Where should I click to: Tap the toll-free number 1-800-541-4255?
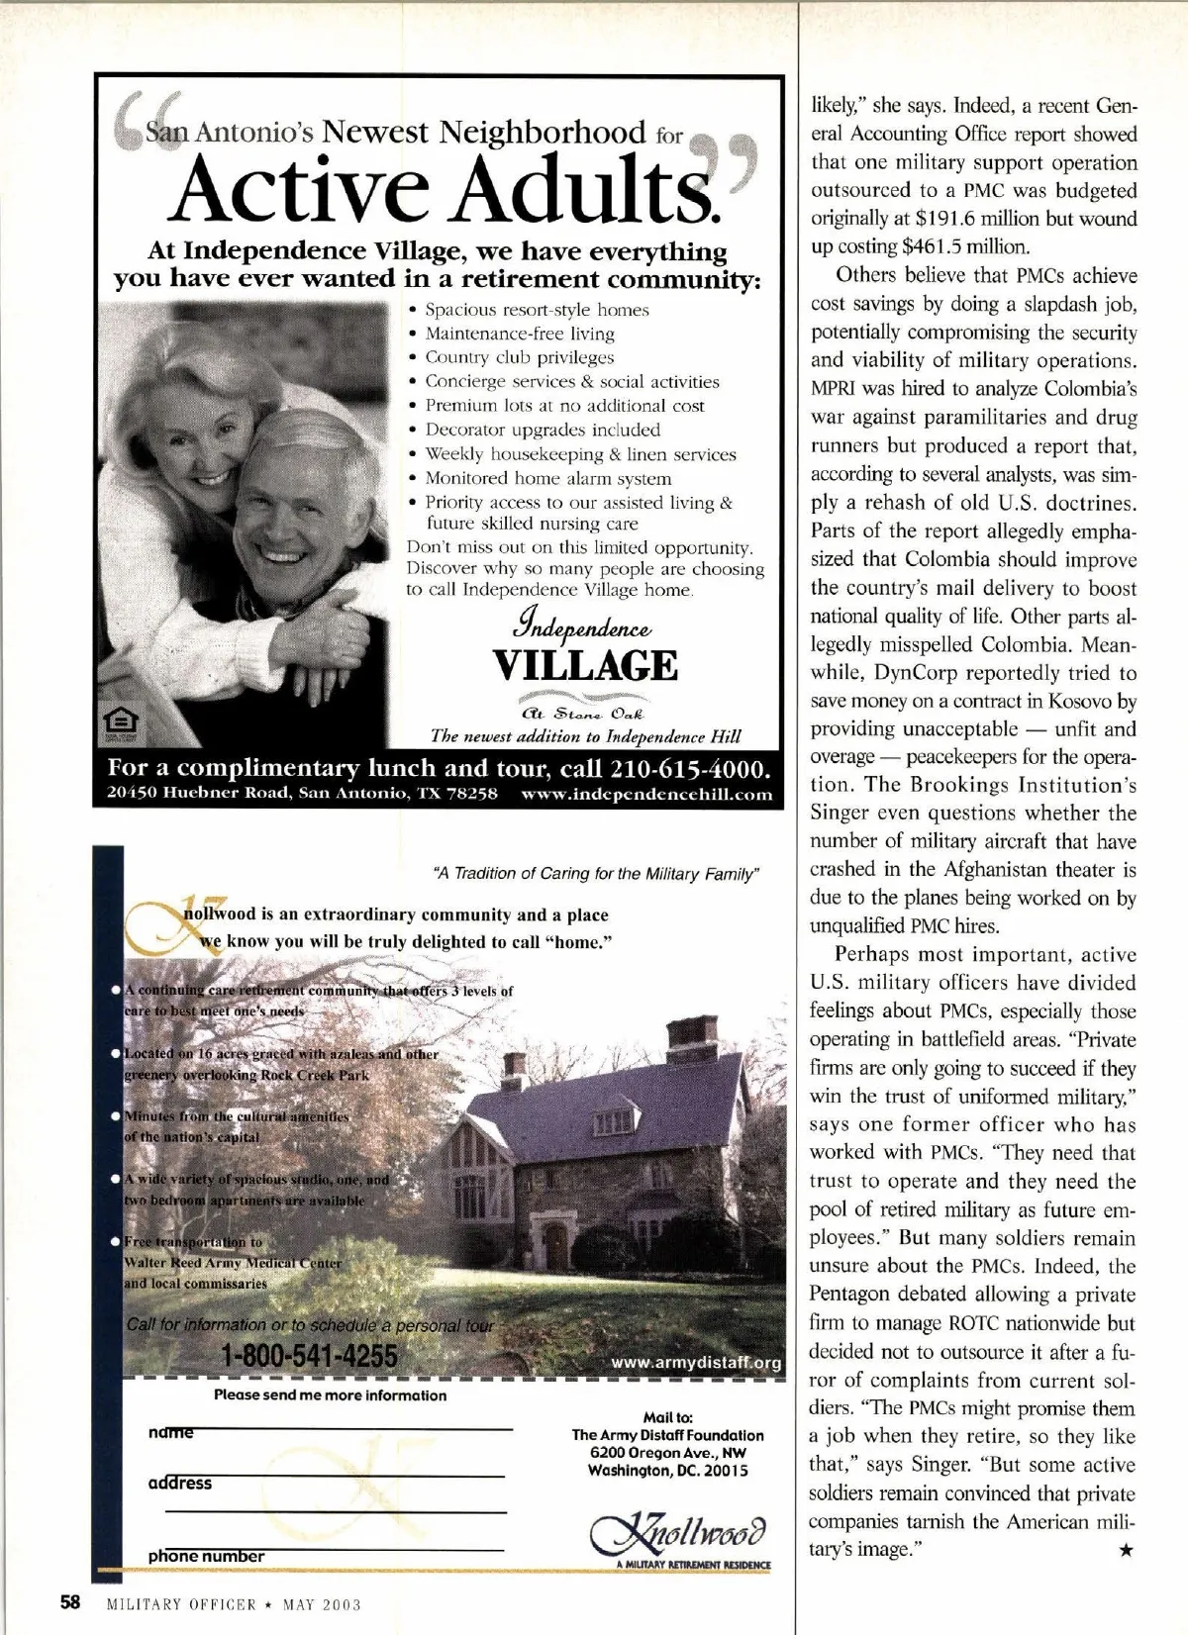[309, 1355]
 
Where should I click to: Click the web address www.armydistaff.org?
[696, 1363]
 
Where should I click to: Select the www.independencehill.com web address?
[645, 794]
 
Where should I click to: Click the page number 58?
[70, 1602]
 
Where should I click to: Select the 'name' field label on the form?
[170, 1431]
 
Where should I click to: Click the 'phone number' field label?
[206, 1557]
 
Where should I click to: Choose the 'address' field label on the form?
[180, 1483]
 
